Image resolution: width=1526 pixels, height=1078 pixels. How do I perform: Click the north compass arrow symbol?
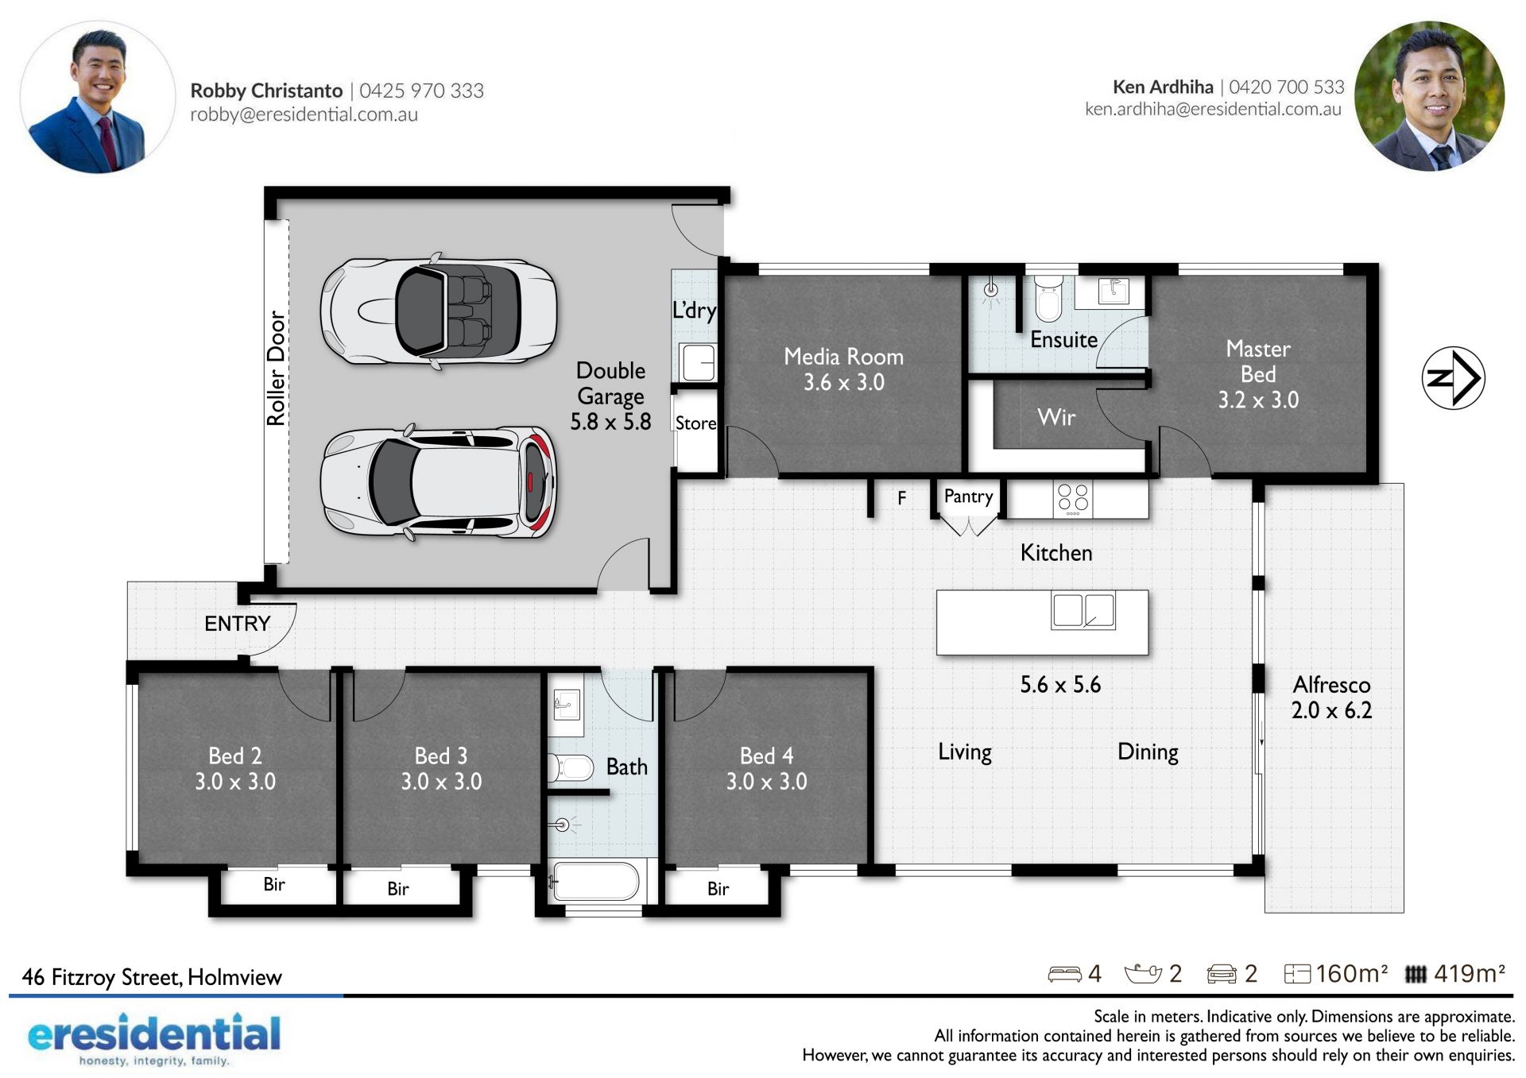pos(1453,378)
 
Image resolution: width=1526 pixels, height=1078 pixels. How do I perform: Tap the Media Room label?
pos(843,357)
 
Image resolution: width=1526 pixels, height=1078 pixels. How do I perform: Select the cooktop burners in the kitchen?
pos(1073,499)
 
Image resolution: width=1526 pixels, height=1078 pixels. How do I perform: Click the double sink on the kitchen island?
pos(1083,611)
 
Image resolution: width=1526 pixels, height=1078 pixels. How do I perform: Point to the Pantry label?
pos(968,496)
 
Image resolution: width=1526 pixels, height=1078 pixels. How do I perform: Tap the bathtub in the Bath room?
pos(595,882)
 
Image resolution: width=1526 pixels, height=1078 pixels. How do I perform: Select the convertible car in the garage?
pos(438,310)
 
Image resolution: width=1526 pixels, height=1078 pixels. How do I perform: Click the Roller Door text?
pos(275,368)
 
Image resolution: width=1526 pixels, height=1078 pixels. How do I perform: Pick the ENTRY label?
pos(238,624)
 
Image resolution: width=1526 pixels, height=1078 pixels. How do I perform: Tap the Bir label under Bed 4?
pos(718,888)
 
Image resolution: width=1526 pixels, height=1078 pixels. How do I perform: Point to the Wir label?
pos(1056,417)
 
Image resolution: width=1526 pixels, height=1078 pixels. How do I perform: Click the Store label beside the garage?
pos(695,423)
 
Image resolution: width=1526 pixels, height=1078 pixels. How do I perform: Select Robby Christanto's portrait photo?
pos(97,97)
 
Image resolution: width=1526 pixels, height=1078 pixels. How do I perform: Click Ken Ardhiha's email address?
pos(1213,109)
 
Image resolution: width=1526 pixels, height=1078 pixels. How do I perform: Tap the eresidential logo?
pos(154,1037)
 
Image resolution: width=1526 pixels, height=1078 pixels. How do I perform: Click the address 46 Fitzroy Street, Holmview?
pos(152,977)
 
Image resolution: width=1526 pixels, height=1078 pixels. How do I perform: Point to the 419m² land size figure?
pos(1470,973)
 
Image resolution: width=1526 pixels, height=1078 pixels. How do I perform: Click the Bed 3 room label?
pos(441,755)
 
